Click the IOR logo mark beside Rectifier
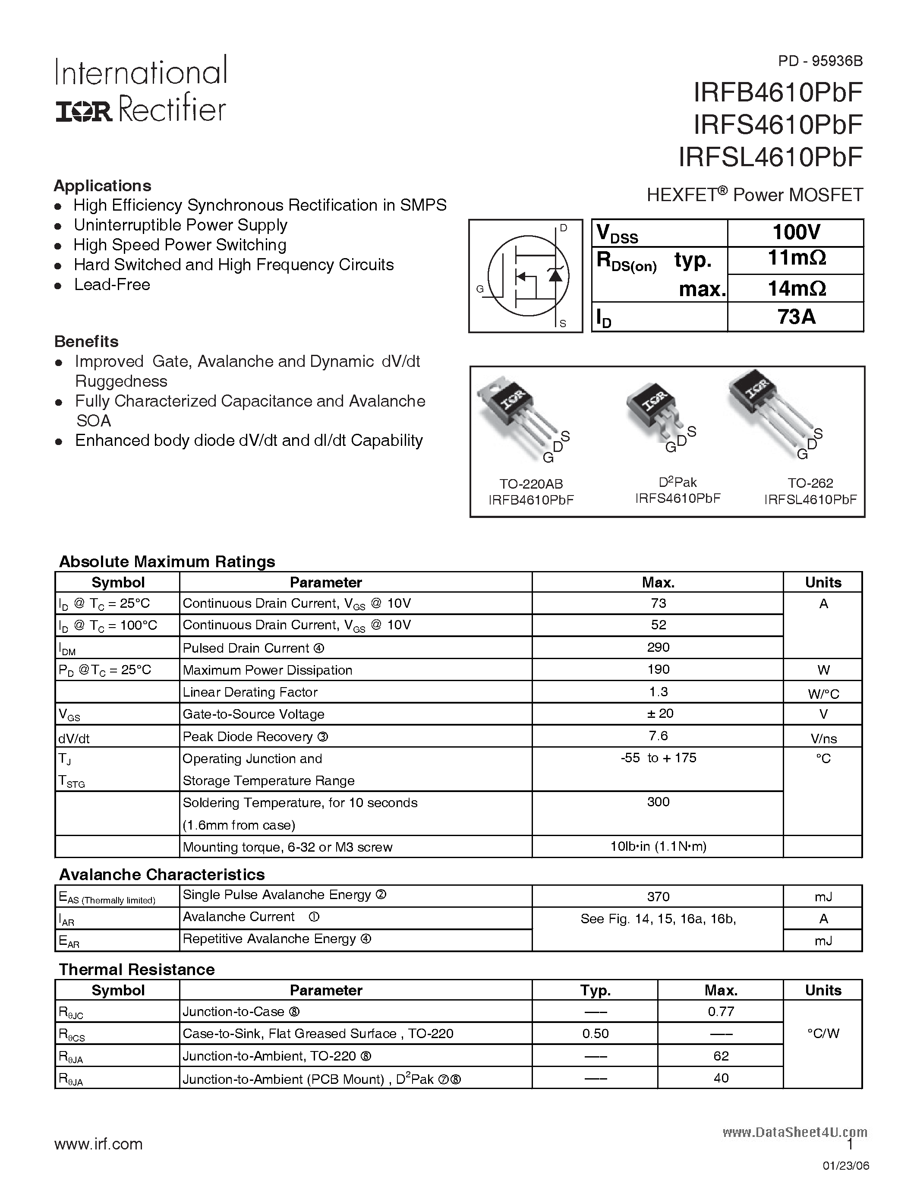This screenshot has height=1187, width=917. [x=84, y=111]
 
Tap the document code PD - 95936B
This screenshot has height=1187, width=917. [x=820, y=61]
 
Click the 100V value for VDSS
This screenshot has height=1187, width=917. [x=796, y=233]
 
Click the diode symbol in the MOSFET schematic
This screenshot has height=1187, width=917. [x=555, y=275]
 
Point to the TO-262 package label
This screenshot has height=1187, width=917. [x=810, y=483]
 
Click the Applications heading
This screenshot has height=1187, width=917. [x=102, y=186]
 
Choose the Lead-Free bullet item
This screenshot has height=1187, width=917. [x=112, y=285]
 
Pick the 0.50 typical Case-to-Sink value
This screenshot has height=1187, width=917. [x=596, y=1034]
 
